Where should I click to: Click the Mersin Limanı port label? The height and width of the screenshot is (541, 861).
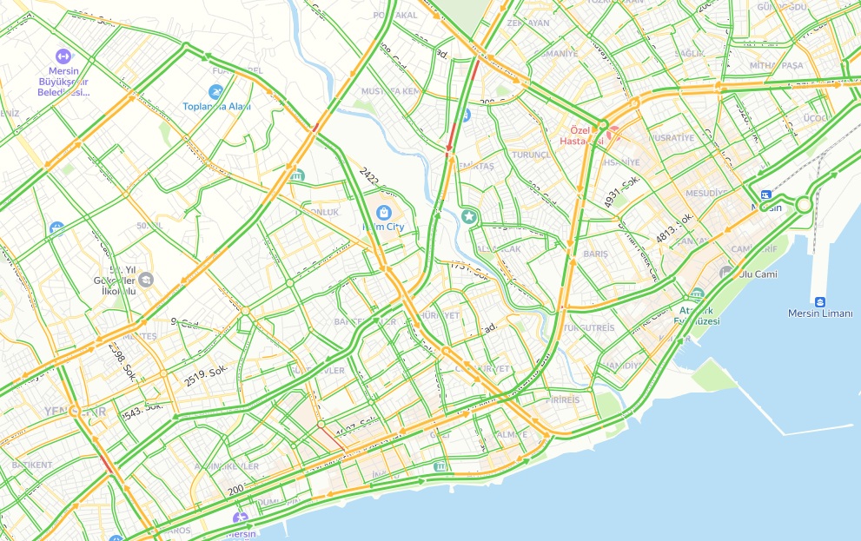(x=820, y=313)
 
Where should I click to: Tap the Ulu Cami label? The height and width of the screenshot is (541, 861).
(x=758, y=274)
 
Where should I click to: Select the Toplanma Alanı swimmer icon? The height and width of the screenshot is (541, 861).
(x=215, y=92)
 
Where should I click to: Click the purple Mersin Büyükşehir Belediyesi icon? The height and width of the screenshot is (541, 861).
(x=63, y=56)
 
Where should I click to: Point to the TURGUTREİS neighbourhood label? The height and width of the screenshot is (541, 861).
(x=588, y=328)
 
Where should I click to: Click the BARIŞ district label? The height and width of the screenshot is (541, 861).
(x=595, y=254)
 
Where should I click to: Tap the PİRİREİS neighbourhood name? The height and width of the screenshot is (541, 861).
(x=562, y=400)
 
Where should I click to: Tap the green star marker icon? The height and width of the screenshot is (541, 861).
(x=470, y=215)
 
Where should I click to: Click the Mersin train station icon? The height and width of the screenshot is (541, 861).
(x=765, y=195)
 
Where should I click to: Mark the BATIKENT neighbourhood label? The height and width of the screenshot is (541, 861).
(x=32, y=465)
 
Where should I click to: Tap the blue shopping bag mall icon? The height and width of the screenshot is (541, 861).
(x=383, y=212)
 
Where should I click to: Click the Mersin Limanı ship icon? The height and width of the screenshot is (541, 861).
(x=819, y=293)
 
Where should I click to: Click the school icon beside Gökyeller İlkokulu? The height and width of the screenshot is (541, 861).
(x=146, y=279)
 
